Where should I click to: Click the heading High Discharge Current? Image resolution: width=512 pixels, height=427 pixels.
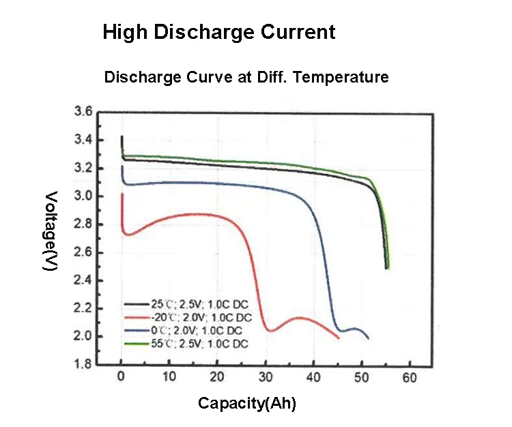(218, 32)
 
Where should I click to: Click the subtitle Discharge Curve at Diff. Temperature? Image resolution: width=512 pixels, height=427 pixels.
(246, 77)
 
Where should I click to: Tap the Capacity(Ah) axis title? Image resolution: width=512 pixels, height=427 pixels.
(246, 403)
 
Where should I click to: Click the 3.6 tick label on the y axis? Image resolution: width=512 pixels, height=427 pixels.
(83, 113)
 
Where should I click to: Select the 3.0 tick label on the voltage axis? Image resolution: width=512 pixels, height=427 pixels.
(83, 196)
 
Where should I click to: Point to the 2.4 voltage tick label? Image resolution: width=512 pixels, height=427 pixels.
(83, 280)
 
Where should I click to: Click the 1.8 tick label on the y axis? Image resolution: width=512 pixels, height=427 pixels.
(83, 364)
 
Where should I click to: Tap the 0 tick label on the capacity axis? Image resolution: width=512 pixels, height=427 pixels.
(121, 377)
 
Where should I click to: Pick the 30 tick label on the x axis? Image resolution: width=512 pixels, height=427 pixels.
(266, 377)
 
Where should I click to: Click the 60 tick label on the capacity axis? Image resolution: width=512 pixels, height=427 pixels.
(410, 377)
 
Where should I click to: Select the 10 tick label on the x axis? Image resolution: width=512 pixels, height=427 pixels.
(169, 377)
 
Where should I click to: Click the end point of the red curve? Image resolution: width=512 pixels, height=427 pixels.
(339, 337)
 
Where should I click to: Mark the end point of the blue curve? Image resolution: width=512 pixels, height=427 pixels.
(369, 338)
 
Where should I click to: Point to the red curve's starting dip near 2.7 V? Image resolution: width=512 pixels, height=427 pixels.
(128, 234)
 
